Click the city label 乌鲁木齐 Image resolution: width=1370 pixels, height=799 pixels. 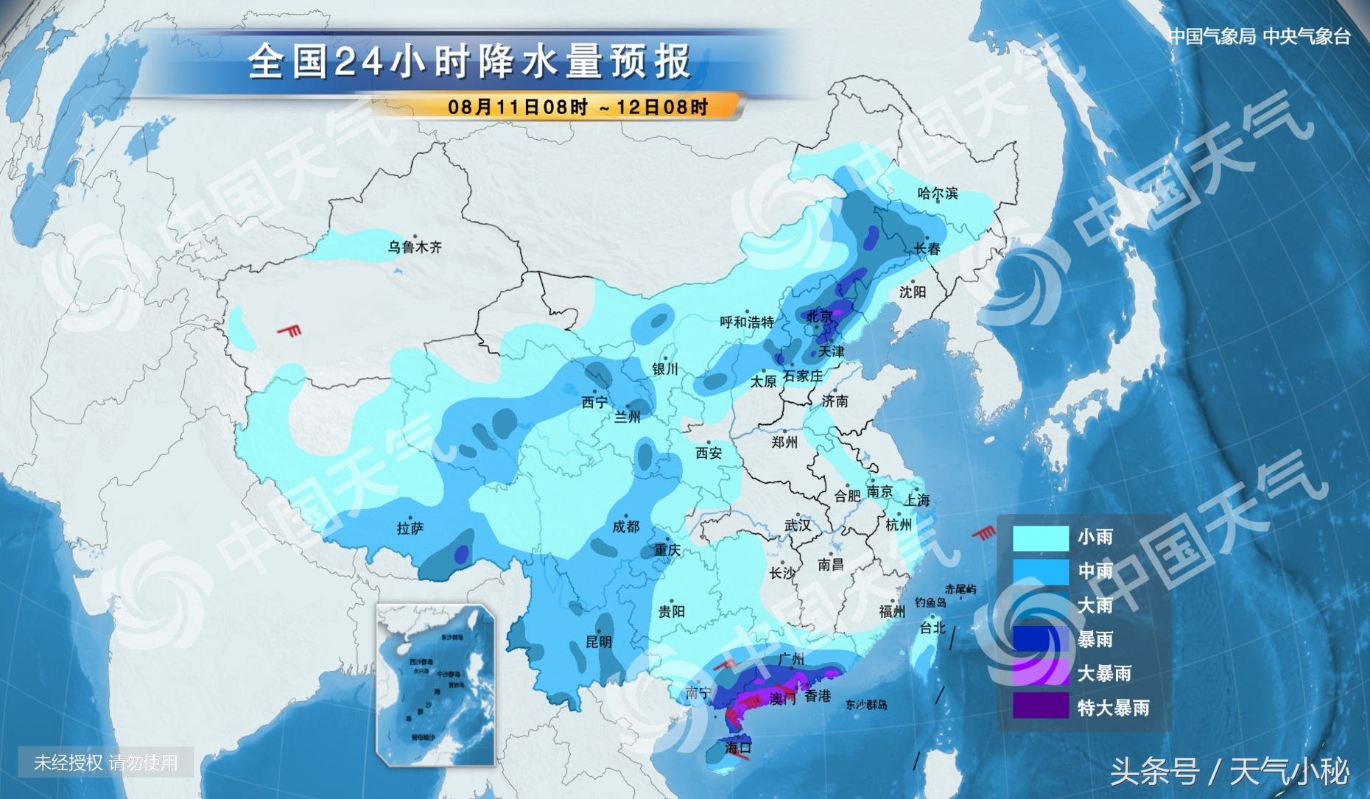415,247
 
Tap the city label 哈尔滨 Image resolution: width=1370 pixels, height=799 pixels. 938,194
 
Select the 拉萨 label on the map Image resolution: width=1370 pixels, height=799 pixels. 410,528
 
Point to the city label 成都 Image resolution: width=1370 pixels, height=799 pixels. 626,526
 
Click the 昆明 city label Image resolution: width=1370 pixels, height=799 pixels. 599,641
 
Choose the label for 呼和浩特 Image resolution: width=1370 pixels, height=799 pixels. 747,322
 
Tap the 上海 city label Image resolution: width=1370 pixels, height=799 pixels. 917,500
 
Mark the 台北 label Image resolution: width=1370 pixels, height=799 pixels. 932,627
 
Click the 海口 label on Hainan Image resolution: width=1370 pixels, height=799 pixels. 738,747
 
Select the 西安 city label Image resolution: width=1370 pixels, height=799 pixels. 709,453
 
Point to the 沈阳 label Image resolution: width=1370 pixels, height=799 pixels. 913,292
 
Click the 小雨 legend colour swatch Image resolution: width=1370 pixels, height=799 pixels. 1040,538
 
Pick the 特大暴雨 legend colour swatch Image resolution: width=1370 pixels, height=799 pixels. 1040,707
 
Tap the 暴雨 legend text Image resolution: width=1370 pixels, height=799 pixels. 1095,639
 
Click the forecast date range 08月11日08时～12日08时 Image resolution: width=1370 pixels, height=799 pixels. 577,107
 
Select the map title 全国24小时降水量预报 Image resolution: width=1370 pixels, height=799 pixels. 469,61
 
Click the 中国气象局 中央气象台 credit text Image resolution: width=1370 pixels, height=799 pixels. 1260,36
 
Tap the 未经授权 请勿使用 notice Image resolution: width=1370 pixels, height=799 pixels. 106,762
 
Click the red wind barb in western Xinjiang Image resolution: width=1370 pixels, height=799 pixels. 290,331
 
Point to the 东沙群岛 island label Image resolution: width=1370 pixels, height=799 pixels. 866,705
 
